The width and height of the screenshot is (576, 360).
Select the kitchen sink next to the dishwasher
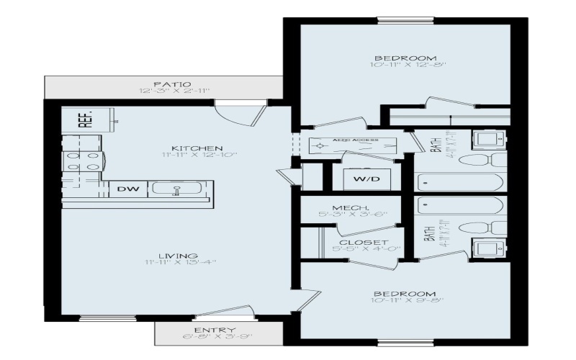[x=176, y=190]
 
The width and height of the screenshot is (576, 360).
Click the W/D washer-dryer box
[x=361, y=177]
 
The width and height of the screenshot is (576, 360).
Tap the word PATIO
[x=166, y=84]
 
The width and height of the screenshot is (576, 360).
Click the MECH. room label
[x=351, y=207]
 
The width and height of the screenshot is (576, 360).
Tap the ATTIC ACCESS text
[x=351, y=141]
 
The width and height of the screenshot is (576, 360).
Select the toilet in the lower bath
[x=491, y=228]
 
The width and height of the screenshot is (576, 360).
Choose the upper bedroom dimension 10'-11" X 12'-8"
[x=404, y=66]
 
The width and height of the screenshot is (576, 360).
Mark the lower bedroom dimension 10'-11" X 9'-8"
[x=404, y=301]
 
